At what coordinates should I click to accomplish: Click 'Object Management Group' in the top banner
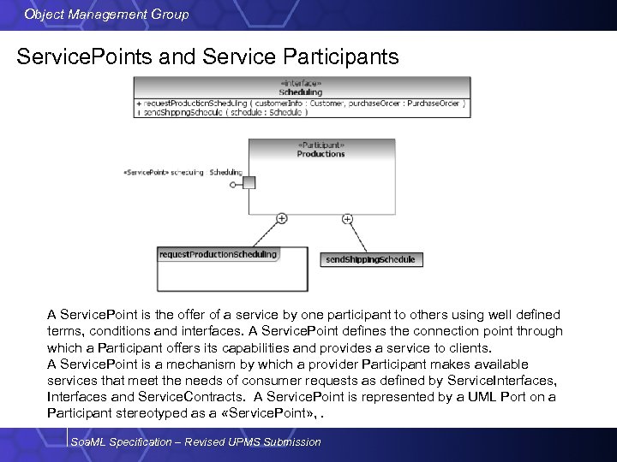click(107, 15)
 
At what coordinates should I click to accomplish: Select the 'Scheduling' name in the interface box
click(301, 92)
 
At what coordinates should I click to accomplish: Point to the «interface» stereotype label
click(301, 83)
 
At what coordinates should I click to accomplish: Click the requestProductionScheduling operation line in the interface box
click(301, 103)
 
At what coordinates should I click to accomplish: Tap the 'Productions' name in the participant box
click(320, 154)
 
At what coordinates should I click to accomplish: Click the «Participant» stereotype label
click(320, 145)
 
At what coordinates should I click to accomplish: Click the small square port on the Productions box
click(249, 182)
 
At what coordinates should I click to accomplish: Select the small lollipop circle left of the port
click(233, 184)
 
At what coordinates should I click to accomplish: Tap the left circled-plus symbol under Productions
click(281, 219)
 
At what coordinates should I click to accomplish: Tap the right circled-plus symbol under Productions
click(347, 219)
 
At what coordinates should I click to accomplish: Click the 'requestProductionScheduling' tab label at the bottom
click(219, 254)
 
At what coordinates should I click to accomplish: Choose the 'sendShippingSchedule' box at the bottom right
click(370, 259)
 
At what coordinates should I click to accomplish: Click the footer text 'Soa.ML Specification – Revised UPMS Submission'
click(196, 441)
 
